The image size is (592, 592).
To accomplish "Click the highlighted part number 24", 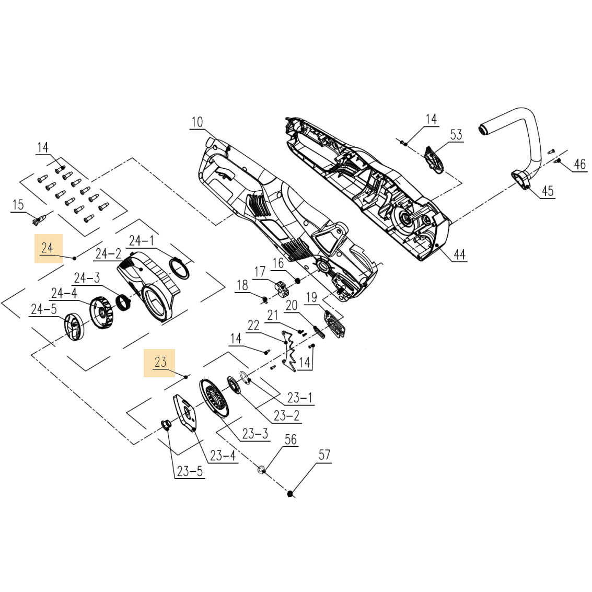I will [48, 248].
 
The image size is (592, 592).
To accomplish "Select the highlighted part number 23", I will [160, 362].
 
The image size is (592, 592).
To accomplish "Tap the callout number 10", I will [197, 122].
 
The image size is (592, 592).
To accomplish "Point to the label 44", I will [459, 255].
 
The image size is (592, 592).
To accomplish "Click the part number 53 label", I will [456, 135].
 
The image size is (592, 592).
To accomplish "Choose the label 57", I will [324, 455].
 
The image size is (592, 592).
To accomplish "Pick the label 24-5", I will [43, 309].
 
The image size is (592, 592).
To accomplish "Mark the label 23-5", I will [190, 471].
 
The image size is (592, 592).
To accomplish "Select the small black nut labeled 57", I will [290, 493].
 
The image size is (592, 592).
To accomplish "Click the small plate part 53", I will [434, 159].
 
